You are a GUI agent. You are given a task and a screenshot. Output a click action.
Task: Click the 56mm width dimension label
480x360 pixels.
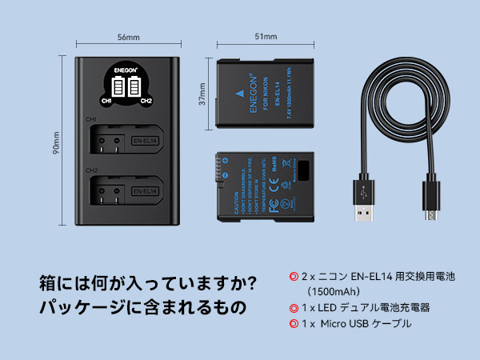coord(128,38)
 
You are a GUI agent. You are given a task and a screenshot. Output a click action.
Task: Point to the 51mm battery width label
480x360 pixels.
coord(266,37)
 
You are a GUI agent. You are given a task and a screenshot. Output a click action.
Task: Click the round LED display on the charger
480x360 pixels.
coord(127,87)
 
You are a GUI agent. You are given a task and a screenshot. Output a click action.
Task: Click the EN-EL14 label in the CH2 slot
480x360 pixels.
coord(146,191)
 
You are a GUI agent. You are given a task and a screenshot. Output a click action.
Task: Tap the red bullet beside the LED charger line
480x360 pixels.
coord(293,306)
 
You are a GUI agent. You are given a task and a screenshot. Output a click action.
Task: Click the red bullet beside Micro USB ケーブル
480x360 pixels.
coord(293,324)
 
